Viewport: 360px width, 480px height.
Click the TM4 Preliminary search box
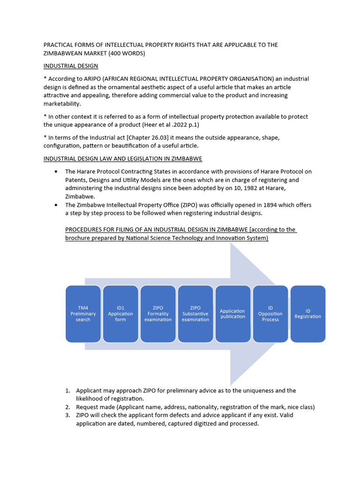(x=83, y=314)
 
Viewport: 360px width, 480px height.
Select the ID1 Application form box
(x=120, y=314)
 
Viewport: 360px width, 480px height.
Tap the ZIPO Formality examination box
(x=158, y=314)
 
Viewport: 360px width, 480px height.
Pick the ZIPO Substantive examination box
(x=195, y=314)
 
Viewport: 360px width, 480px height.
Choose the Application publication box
(x=233, y=314)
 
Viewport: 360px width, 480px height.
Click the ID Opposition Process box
(x=270, y=314)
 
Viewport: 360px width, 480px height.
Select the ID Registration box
(x=308, y=314)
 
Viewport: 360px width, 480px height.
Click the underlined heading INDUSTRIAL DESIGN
(x=71, y=66)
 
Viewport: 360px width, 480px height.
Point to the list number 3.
(x=67, y=415)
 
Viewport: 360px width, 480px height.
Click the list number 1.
(x=67, y=390)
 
